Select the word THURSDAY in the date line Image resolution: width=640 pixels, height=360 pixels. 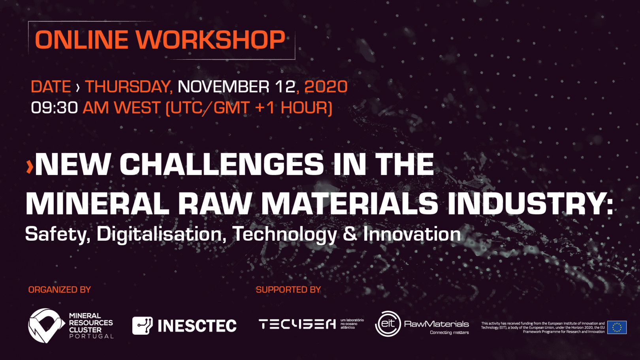(x=128, y=87)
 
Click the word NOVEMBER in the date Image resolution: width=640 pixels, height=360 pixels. (x=224, y=87)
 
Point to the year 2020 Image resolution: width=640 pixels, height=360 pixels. (x=326, y=87)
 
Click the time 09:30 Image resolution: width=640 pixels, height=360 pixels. (x=54, y=108)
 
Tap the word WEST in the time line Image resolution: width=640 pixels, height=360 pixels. (x=137, y=108)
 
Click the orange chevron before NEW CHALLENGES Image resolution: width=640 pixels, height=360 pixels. (x=29, y=167)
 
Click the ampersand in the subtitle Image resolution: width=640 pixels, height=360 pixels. (x=350, y=234)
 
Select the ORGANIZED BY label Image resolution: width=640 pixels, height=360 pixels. (x=59, y=290)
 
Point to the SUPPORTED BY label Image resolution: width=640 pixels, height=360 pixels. (x=288, y=290)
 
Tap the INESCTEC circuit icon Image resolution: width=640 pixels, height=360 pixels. (x=142, y=326)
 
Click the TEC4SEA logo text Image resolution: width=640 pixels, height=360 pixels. (x=297, y=324)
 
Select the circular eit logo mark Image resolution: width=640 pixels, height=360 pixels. (x=388, y=324)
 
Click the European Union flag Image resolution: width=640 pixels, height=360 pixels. (x=617, y=327)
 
